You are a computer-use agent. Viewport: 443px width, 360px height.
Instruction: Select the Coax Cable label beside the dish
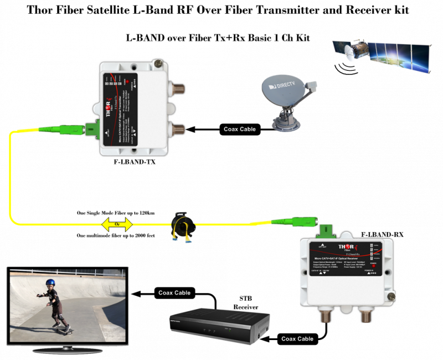(x=239, y=129)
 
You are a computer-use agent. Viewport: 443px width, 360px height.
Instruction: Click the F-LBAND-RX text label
(x=382, y=235)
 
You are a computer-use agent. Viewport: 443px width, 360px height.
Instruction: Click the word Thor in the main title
(x=49, y=10)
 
